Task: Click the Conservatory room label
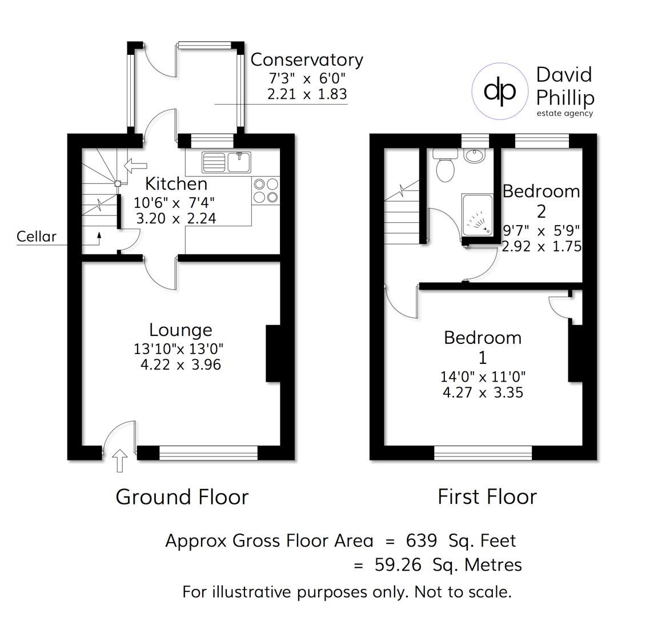[x=307, y=59]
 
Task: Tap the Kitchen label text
[x=176, y=184]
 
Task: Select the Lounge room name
[x=180, y=330]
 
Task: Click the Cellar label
[x=37, y=236]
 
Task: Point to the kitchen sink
[x=227, y=162]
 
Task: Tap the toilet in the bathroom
[x=445, y=166]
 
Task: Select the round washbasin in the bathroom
[x=474, y=155]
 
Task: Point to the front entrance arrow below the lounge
[x=120, y=460]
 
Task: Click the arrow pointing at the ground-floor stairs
[x=135, y=166]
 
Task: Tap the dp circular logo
[x=499, y=90]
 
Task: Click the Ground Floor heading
[x=182, y=496]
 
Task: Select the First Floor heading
[x=487, y=496]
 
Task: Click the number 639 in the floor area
[x=422, y=540]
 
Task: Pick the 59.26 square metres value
[x=398, y=564]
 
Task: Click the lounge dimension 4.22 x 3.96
[x=180, y=364]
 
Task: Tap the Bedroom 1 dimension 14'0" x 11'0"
[x=483, y=376]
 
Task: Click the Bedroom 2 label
[x=541, y=201]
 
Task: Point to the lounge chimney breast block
[x=274, y=353]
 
